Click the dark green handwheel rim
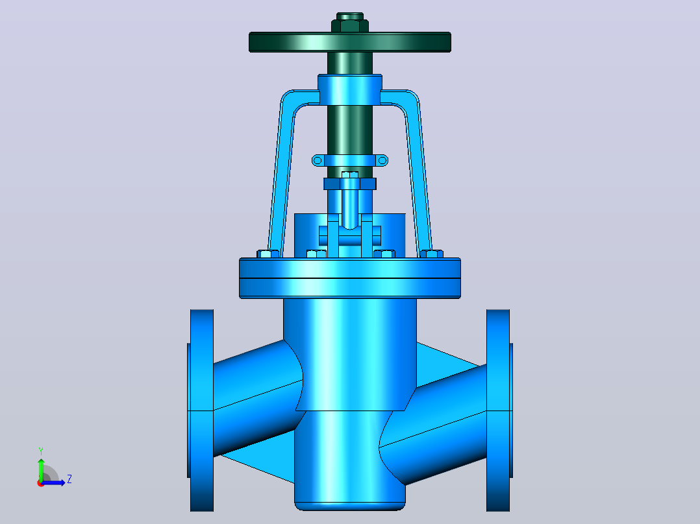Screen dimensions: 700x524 click(350, 42)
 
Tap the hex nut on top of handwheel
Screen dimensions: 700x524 click(350, 25)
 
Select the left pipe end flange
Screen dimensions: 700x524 click(201, 411)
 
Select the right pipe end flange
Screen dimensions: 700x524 click(499, 411)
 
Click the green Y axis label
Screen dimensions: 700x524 click(41, 451)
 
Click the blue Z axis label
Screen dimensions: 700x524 click(69, 479)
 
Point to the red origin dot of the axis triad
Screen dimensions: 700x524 click(41, 483)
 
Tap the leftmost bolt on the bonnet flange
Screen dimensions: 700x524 click(268, 254)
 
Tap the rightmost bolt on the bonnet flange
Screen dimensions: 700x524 click(432, 254)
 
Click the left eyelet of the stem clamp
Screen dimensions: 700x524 click(318, 160)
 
